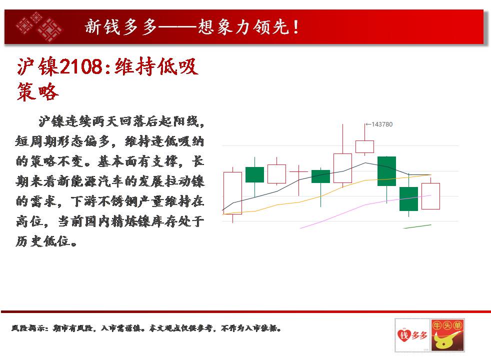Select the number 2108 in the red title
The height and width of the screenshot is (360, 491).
81,66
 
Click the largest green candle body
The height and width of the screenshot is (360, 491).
386,171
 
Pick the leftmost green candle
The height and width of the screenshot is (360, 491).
254,174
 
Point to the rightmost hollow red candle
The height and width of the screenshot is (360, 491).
430,196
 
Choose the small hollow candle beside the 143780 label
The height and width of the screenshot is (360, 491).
365,146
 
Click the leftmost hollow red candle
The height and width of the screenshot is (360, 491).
232,193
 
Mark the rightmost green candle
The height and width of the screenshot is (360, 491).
408,199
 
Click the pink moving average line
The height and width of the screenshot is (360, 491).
365,205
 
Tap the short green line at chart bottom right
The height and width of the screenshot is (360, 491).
417,226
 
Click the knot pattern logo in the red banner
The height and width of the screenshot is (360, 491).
39,26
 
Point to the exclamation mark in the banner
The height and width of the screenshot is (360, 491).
296,27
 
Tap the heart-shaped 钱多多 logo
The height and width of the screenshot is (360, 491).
412,335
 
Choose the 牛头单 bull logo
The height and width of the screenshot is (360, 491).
447,335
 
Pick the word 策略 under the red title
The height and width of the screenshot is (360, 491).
38,92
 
